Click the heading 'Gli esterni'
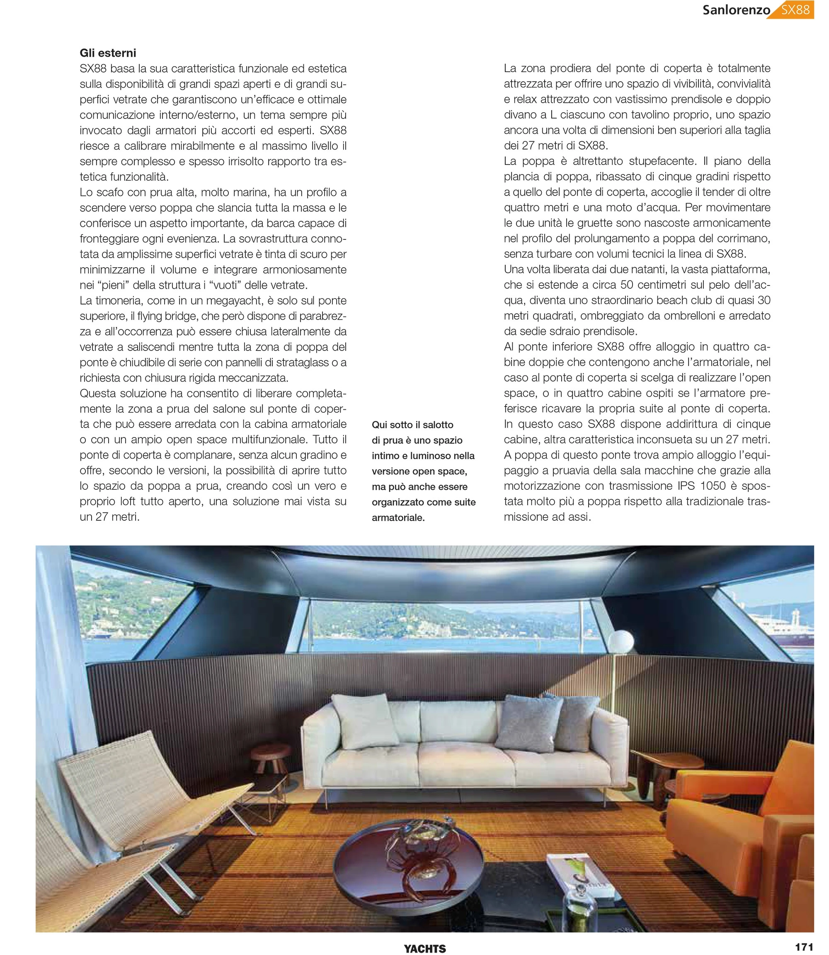pyautogui.click(x=108, y=53)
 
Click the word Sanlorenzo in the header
pyautogui.click(x=736, y=10)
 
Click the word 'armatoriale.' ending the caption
pyautogui.click(x=398, y=517)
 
